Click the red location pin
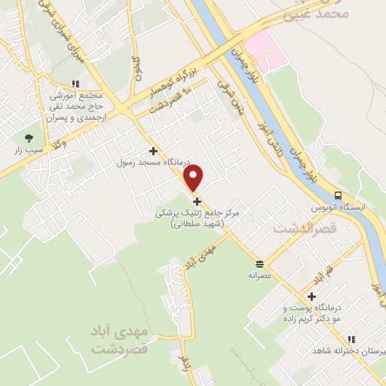tap(194, 177)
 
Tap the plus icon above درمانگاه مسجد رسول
tap(153, 151)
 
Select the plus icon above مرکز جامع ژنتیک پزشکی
tap(198, 201)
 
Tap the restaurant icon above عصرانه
tap(259, 264)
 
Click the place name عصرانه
tap(259, 275)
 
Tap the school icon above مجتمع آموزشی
tap(75, 84)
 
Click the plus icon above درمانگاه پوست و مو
tap(311, 296)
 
